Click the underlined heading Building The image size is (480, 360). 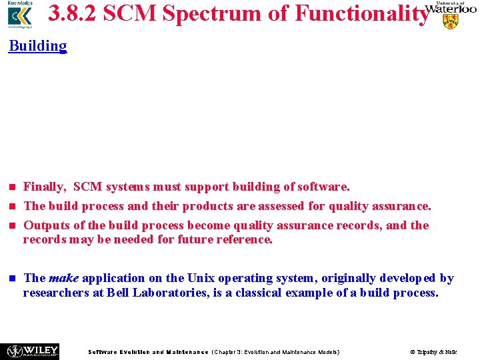38,46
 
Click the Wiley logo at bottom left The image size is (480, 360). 32,351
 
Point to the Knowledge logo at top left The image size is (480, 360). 19,15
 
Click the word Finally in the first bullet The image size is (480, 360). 44,187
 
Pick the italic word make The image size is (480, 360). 63,278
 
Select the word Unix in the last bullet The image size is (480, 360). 201,278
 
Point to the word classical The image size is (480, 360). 255,292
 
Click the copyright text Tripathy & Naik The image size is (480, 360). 433,351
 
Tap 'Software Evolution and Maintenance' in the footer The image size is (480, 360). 148,351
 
